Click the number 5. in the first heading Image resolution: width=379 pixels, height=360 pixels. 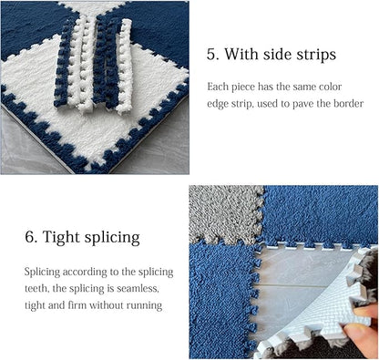pyautogui.click(x=213, y=55)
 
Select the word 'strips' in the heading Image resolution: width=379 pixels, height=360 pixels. pyautogui.click(x=314, y=55)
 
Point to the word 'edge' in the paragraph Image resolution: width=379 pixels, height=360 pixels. pyautogui.click(x=220, y=103)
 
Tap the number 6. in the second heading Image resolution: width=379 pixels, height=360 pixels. pyautogui.click(x=31, y=239)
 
